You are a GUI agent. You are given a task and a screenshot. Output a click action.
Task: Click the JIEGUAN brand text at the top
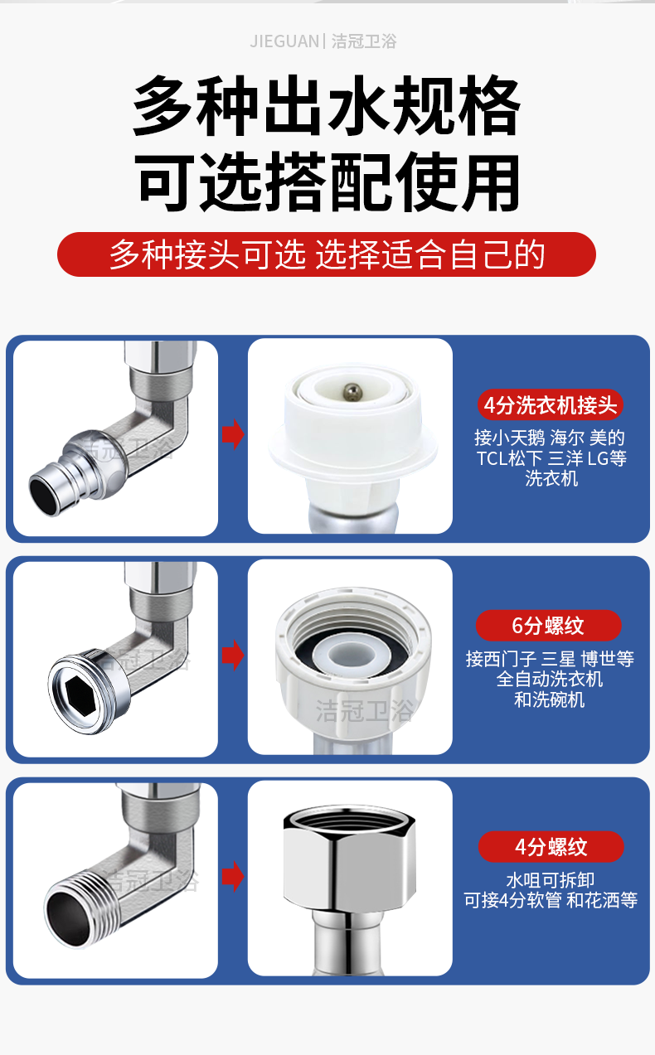click(x=284, y=41)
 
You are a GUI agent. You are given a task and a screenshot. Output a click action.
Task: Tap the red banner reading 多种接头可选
click(x=327, y=254)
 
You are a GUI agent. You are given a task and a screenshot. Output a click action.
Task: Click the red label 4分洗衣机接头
click(x=551, y=404)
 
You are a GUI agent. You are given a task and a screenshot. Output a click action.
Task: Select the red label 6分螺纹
click(x=549, y=626)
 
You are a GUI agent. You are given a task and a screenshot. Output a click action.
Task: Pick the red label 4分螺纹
click(x=551, y=847)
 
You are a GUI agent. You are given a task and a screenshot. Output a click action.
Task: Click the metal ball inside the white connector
click(x=351, y=391)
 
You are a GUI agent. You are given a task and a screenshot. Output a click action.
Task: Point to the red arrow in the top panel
click(x=233, y=434)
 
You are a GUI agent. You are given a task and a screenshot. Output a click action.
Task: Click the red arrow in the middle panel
click(x=233, y=656)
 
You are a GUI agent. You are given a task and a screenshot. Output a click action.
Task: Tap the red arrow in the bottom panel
click(x=233, y=877)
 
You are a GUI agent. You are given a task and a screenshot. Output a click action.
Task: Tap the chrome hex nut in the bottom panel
click(x=349, y=857)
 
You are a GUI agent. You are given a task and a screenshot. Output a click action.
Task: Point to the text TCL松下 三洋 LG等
click(x=551, y=458)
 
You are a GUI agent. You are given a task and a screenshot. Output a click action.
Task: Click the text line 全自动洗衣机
click(x=550, y=679)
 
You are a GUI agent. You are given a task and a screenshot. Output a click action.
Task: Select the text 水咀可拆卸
click(x=551, y=880)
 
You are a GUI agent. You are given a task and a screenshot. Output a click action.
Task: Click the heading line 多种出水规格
click(x=327, y=106)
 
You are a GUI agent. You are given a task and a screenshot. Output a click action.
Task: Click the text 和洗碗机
click(x=550, y=699)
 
